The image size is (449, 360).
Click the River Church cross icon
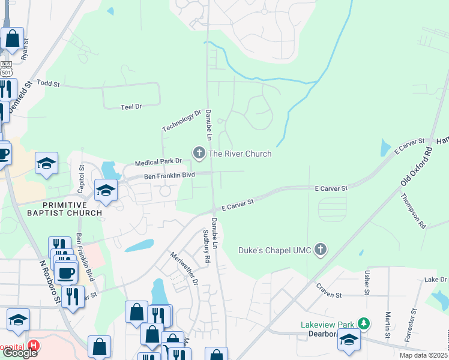point(199,154)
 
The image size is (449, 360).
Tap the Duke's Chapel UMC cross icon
point(321,249)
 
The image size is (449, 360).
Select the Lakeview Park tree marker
point(363,324)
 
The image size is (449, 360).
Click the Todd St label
point(49,83)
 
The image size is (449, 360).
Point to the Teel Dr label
point(130,106)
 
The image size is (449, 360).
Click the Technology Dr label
point(181,121)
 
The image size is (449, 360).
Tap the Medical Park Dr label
point(158,162)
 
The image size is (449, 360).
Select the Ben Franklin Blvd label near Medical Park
point(170,176)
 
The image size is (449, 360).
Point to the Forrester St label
point(412,326)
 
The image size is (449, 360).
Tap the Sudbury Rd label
point(206,246)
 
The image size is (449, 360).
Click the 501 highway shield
point(7,71)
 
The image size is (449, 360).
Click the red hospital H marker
point(34,346)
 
